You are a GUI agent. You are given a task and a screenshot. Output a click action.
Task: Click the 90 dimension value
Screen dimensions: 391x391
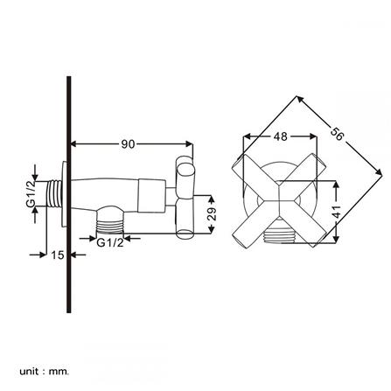click(128, 143)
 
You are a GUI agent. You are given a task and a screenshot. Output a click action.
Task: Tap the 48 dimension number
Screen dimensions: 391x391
click(280, 136)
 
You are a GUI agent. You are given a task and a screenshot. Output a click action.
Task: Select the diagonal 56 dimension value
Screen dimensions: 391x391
click(337, 134)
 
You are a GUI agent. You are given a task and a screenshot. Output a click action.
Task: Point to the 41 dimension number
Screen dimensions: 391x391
click(337, 211)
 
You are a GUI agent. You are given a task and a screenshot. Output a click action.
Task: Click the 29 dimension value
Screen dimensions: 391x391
click(213, 214)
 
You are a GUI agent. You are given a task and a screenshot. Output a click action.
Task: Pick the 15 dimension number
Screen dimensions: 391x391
click(58, 255)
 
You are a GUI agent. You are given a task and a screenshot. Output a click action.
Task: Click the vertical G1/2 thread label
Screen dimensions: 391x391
click(31, 194)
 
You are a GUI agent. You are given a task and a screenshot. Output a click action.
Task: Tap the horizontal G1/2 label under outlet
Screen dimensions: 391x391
click(110, 242)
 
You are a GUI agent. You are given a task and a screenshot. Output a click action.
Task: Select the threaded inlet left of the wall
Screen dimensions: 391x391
click(54, 194)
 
